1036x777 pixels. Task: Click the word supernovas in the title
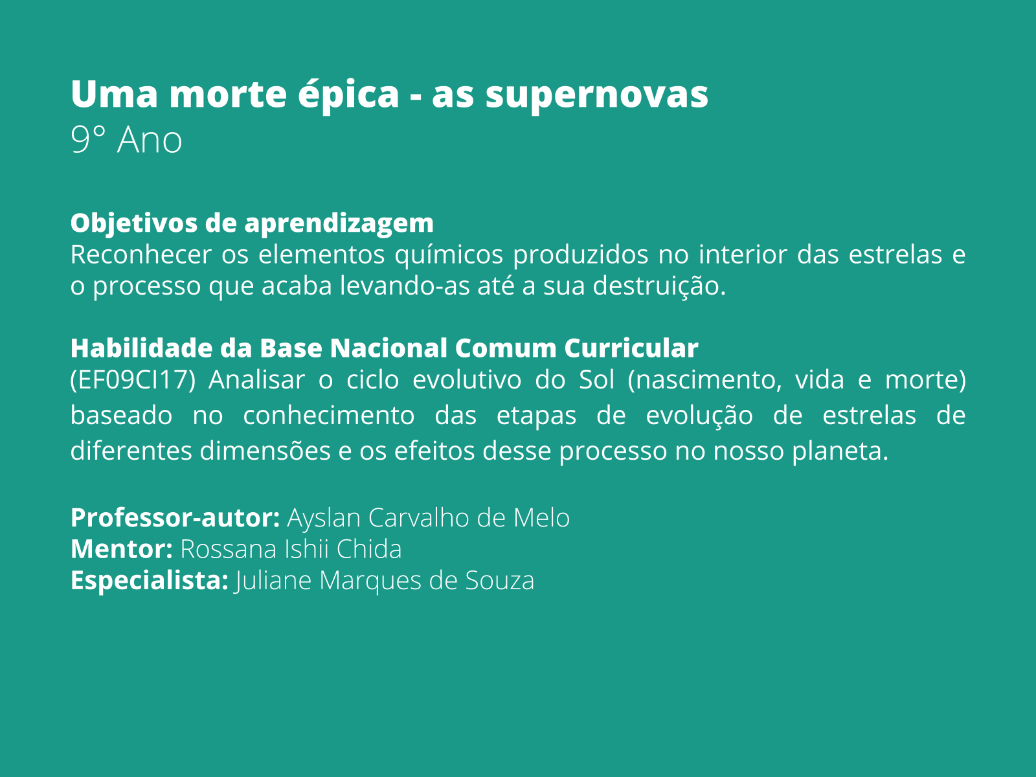(596, 95)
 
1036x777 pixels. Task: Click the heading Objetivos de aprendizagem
(252, 223)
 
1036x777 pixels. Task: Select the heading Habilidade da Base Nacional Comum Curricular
(384, 348)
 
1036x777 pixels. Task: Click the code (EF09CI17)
(133, 380)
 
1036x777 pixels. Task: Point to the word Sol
(596, 380)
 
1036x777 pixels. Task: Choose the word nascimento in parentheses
(704, 380)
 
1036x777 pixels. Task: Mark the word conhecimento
(328, 415)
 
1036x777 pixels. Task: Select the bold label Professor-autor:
(175, 518)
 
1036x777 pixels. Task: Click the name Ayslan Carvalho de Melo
(428, 518)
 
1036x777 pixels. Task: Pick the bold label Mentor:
(121, 549)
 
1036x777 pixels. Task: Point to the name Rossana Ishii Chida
(291, 549)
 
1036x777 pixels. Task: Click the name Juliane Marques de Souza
(385, 581)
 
